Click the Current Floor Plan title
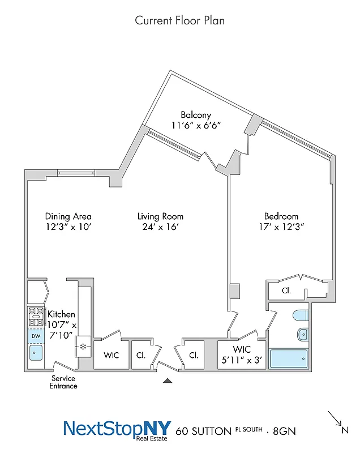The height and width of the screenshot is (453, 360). (x=179, y=20)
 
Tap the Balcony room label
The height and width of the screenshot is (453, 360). (x=196, y=115)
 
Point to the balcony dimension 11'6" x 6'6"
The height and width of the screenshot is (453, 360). (x=196, y=126)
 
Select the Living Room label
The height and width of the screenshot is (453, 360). (x=160, y=216)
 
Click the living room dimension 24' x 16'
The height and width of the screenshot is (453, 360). (x=160, y=228)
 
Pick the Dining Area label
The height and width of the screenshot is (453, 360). (x=68, y=216)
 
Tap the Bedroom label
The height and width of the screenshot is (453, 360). (x=281, y=216)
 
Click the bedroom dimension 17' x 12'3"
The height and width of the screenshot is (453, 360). (x=281, y=228)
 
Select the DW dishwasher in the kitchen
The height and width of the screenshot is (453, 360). (x=35, y=336)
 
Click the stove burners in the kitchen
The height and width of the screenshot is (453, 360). (x=35, y=317)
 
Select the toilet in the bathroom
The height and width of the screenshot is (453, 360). (x=299, y=315)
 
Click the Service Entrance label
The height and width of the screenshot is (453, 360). (x=63, y=382)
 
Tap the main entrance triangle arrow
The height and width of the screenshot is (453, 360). (x=167, y=381)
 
